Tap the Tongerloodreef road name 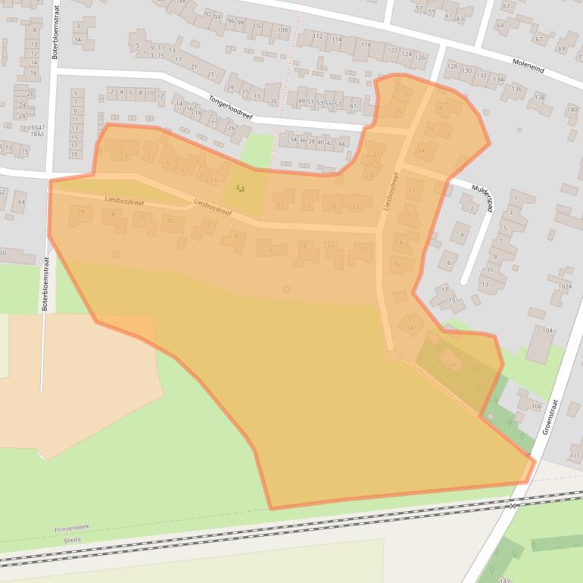(231, 107)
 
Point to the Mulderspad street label (482, 198)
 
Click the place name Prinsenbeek (70, 528)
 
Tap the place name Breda (72, 540)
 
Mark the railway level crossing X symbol (513, 505)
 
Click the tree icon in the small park (241, 188)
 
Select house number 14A (450, 364)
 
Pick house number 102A (564, 287)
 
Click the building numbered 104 (547, 331)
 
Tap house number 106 (536, 407)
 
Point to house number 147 (505, 579)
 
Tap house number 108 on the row (282, 30)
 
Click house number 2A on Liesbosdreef (80, 212)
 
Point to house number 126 (419, 57)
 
